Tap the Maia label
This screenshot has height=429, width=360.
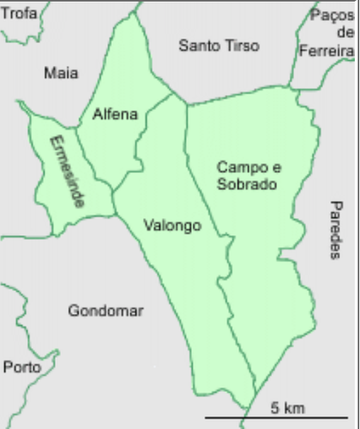coord(60,74)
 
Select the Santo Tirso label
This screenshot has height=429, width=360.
coord(219,46)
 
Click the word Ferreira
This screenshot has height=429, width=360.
coord(327,51)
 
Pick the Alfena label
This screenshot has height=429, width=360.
coord(115,114)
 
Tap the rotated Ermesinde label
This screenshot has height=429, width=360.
coord(67,172)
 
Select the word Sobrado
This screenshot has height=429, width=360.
coord(247,184)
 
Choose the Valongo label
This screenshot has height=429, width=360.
coord(172,227)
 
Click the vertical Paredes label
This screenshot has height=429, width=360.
coord(335,229)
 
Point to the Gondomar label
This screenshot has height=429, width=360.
coord(105,311)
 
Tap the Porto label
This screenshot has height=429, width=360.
coord(21,367)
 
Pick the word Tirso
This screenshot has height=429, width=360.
coord(240,46)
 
